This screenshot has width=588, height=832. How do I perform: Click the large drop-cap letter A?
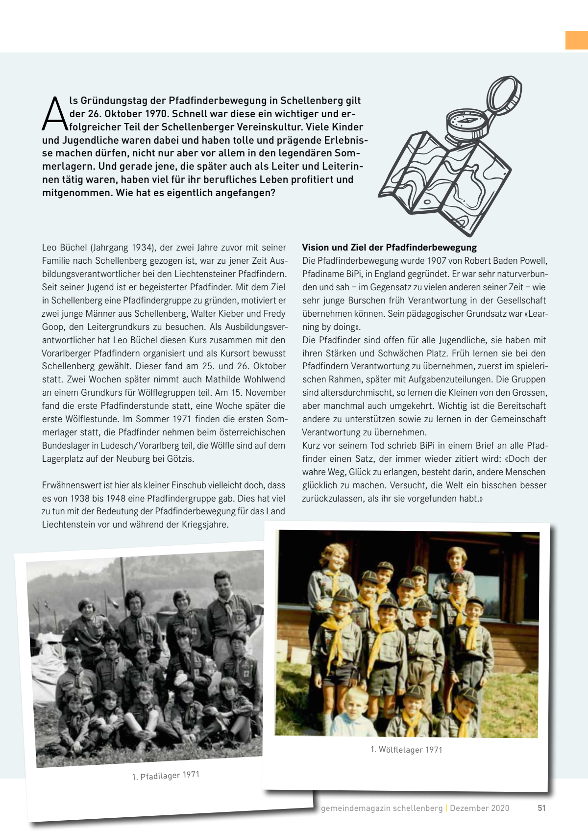coord(54,114)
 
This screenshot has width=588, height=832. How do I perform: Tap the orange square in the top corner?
coord(577,40)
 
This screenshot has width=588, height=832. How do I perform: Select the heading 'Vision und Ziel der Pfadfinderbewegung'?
coord(389,248)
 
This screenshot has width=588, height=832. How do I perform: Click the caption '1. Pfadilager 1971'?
coord(166,776)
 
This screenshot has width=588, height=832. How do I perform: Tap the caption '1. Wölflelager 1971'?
coord(406,750)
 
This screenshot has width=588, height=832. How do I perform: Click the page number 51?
coord(541,808)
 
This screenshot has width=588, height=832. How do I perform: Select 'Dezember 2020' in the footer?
coord(480,808)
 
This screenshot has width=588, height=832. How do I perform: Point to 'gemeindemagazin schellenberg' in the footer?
coord(382,808)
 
